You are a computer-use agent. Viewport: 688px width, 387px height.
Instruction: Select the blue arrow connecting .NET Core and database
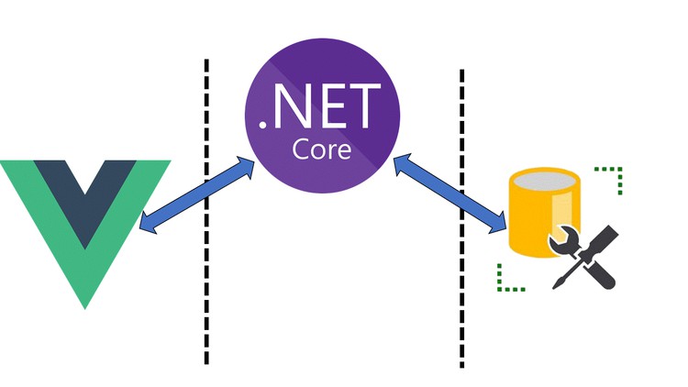click(x=449, y=192)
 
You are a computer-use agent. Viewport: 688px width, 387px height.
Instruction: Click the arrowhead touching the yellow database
click(x=500, y=223)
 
